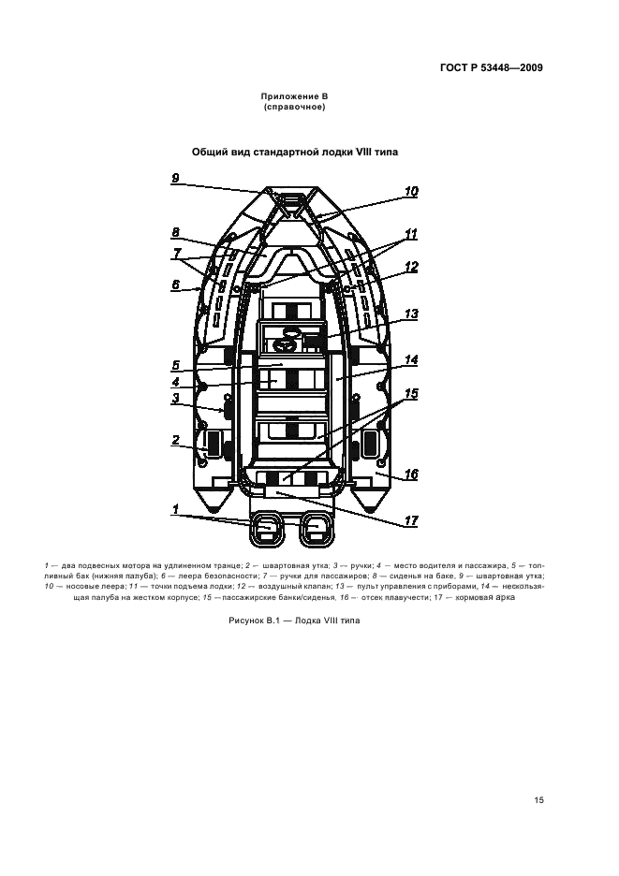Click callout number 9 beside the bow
point(175,178)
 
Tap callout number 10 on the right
point(411,192)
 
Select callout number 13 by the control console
point(411,314)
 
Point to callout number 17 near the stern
point(411,520)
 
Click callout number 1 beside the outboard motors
point(175,509)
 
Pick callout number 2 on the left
point(175,440)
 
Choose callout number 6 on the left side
point(175,285)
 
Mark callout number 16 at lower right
point(411,474)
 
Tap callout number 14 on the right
point(411,359)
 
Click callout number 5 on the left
point(175,366)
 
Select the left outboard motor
point(265,529)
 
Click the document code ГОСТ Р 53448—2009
point(492,68)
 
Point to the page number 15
point(538,800)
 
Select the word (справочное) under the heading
point(294,107)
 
